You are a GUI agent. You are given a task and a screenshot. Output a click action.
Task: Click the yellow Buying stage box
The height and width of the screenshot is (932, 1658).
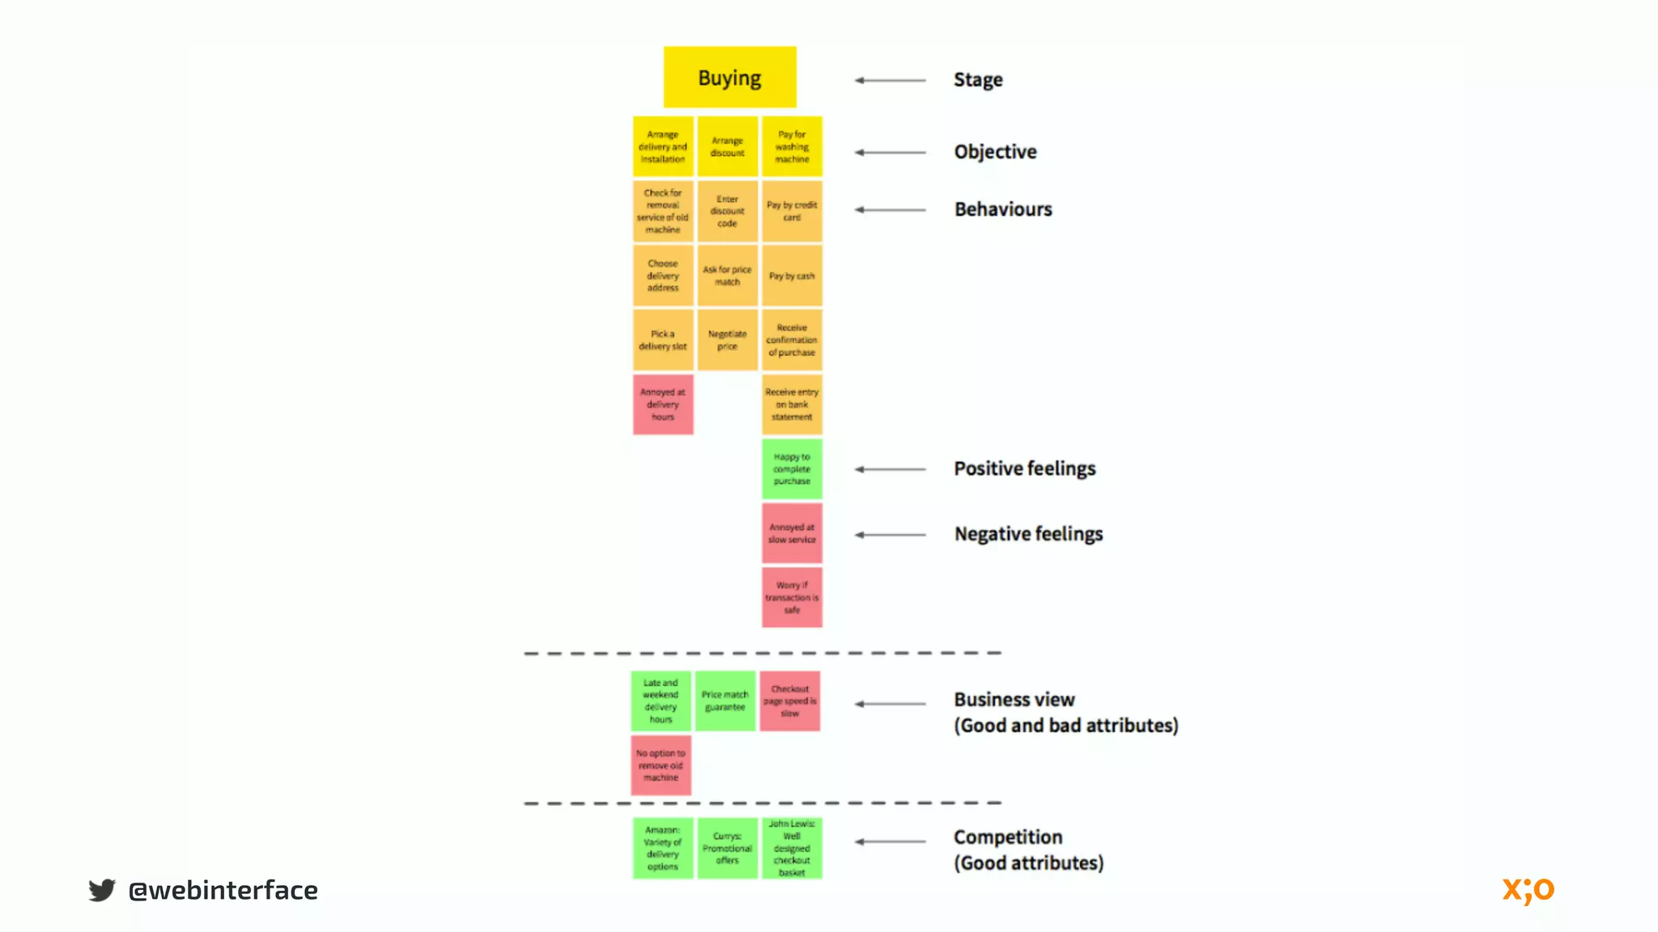click(x=729, y=78)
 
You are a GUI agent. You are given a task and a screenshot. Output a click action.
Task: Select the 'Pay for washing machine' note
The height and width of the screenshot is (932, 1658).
click(x=792, y=146)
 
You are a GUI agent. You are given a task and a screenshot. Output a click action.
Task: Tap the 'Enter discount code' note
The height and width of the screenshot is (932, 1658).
click(x=727, y=211)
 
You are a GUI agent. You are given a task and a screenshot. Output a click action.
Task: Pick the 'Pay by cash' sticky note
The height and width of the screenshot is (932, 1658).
click(x=792, y=276)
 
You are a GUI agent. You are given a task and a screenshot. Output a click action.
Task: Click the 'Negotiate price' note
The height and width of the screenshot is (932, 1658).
click(x=727, y=340)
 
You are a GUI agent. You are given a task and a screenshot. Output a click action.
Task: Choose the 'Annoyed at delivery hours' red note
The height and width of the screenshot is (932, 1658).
click(x=663, y=405)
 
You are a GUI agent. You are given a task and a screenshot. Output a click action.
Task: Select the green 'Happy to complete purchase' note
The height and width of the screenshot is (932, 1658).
click(x=792, y=469)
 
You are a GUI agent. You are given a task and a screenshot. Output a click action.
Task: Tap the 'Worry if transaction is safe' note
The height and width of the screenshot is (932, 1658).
click(x=792, y=598)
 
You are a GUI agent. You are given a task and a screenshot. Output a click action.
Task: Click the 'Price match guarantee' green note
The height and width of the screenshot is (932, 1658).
click(x=725, y=701)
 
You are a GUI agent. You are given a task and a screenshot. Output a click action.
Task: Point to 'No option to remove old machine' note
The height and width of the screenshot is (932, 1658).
click(x=661, y=765)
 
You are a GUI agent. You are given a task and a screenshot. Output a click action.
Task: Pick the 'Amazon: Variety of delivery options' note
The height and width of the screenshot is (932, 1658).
click(x=663, y=848)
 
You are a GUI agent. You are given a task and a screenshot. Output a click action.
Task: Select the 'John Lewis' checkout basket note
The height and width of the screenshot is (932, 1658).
click(x=792, y=848)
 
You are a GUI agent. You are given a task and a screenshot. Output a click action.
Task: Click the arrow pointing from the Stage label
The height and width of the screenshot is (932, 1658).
click(x=891, y=80)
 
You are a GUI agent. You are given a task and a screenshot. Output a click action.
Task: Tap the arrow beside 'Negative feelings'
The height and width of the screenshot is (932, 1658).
click(x=891, y=535)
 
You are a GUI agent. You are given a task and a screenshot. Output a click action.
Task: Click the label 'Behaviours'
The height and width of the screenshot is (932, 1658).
click(x=1003, y=210)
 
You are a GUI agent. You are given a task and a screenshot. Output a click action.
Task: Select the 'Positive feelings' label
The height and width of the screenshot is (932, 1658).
click(x=1024, y=468)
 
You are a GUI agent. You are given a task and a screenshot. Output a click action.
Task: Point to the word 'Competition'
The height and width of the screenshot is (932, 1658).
click(x=1008, y=837)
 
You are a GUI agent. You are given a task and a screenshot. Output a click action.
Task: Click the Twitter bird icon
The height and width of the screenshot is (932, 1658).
click(x=102, y=890)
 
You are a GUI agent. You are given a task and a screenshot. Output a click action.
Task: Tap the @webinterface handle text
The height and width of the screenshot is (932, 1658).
click(x=223, y=891)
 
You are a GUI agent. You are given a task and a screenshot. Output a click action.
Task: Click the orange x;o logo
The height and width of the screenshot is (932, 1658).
click(x=1528, y=890)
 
